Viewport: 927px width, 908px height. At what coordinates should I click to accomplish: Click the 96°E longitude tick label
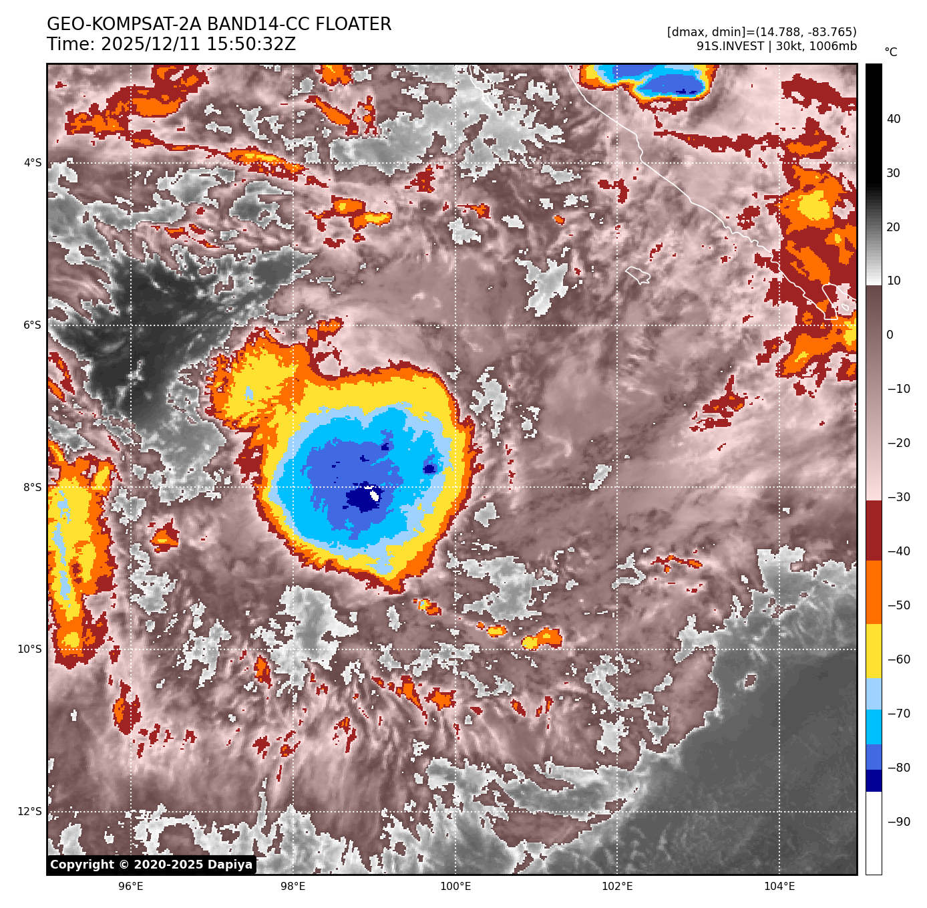pos(130,887)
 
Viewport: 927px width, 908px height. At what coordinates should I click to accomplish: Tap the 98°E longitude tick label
pos(293,887)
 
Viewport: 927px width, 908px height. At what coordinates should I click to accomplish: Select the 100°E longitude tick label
pos(455,887)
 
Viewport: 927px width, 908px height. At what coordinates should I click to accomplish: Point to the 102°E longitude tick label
pos(618,887)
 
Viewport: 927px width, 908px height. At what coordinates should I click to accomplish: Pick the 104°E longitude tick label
pos(779,887)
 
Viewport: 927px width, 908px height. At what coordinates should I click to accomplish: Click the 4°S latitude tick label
pos(33,163)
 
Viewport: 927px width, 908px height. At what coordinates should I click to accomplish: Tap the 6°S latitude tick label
pos(33,325)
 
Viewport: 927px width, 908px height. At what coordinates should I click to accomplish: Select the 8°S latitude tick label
pos(33,488)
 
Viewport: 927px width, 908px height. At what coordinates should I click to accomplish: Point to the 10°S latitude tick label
pos(30,649)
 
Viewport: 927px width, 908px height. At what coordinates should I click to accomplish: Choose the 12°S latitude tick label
pos(30,812)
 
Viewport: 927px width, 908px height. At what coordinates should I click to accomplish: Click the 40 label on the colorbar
pos(894,120)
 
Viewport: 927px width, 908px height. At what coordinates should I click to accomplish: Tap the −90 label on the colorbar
pos(898,822)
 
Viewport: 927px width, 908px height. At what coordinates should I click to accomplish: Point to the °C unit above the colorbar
pos(891,52)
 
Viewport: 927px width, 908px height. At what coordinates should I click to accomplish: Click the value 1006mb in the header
pos(833,46)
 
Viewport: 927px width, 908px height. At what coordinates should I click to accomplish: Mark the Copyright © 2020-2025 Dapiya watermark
pos(152,865)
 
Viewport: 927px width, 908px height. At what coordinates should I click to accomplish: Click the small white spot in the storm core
pos(375,495)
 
